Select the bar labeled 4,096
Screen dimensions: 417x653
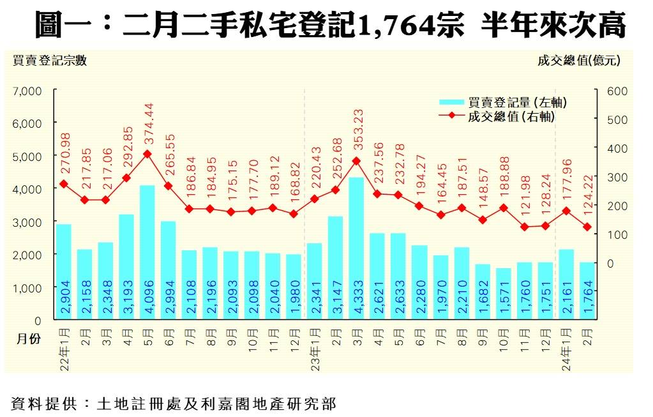(147, 252)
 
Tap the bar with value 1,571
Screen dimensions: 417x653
(503, 294)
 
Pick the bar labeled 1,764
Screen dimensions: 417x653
(587, 291)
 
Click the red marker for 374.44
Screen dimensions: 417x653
(147, 154)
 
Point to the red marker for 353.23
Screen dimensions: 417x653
(356, 161)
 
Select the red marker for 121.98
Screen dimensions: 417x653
(524, 227)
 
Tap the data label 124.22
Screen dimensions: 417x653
(587, 195)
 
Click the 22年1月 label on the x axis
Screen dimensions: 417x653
(64, 351)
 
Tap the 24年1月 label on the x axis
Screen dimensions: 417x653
(566, 351)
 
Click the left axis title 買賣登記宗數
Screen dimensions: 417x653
(49, 61)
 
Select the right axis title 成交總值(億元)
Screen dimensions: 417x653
(578, 61)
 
